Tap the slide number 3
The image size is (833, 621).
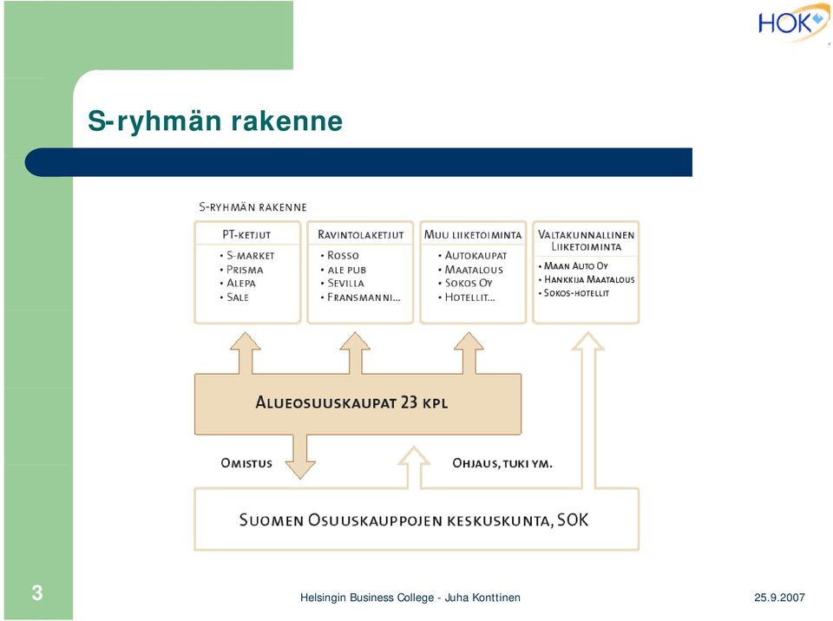click(x=36, y=592)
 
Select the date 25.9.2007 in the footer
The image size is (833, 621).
click(x=779, y=597)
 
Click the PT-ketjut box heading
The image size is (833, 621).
click(x=246, y=234)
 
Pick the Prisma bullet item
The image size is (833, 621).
click(x=242, y=270)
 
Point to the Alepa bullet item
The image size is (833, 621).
click(x=238, y=283)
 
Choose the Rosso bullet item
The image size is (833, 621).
click(x=340, y=256)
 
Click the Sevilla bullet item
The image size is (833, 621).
click(x=343, y=283)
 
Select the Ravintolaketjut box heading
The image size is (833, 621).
click(x=361, y=234)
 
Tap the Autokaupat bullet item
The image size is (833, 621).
click(x=473, y=256)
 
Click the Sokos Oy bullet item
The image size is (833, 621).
click(x=465, y=283)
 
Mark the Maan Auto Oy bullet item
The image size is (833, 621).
click(x=574, y=265)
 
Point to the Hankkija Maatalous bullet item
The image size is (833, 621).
click(x=587, y=279)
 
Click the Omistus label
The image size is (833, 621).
click(x=246, y=463)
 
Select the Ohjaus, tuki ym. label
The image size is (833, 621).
click(x=502, y=463)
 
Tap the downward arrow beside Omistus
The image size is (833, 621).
click(x=301, y=457)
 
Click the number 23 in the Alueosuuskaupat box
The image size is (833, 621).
click(x=409, y=402)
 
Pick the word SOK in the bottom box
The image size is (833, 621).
click(x=573, y=520)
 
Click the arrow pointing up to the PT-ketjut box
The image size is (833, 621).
click(x=246, y=353)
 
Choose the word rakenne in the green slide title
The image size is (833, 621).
click(x=287, y=121)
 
